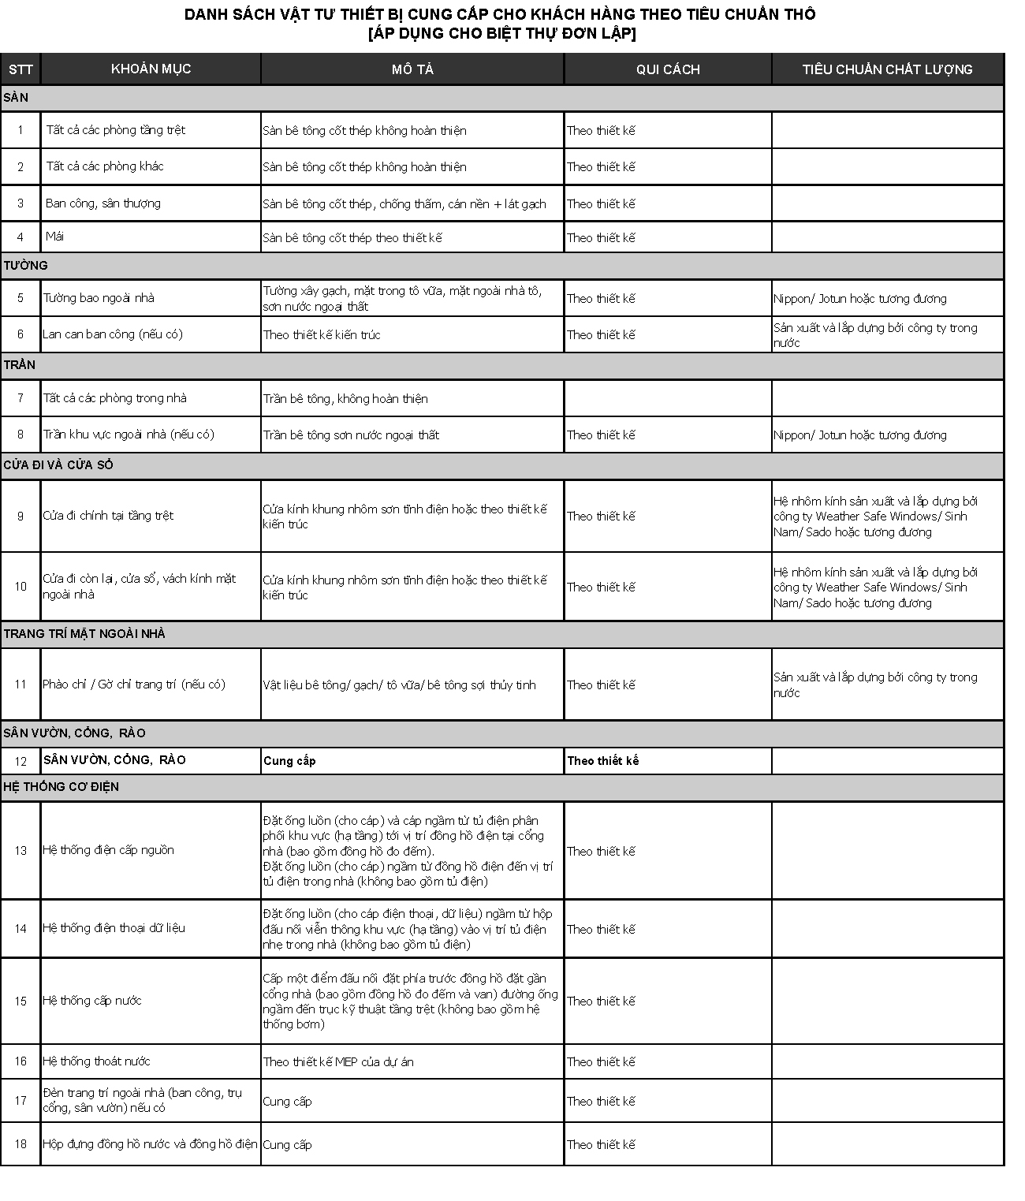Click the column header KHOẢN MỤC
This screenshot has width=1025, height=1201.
pos(151,69)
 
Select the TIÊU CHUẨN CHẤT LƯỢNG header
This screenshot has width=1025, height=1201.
pos(887,69)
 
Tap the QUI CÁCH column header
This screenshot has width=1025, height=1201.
pos(668,69)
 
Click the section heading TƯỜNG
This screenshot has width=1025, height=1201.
pos(26,266)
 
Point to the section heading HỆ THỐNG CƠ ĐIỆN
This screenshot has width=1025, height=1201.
pos(61,787)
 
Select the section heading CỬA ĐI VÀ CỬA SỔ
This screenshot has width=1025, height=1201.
pos(58,465)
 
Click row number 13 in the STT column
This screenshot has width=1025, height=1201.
pos(20,850)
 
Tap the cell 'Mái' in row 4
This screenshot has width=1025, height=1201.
pos(55,237)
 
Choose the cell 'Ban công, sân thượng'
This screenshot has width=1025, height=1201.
pos(103,203)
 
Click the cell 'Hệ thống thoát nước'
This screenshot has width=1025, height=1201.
pos(96,1061)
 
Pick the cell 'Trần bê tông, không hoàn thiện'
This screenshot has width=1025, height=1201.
pos(345,399)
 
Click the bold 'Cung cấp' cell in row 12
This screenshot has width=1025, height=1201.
pos(289,761)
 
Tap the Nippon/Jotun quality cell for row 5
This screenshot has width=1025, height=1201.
pos(859,299)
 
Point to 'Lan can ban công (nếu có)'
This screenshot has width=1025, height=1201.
pos(113,334)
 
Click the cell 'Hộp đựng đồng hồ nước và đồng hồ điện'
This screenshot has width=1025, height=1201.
pos(150,1144)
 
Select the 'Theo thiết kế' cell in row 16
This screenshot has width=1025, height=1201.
pos(601,1062)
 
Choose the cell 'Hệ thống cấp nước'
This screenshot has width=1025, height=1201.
pos(92,1001)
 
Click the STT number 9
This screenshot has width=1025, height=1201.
pos(20,516)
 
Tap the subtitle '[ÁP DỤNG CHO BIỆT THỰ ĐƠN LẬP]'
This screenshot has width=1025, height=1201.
pos(501,33)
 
